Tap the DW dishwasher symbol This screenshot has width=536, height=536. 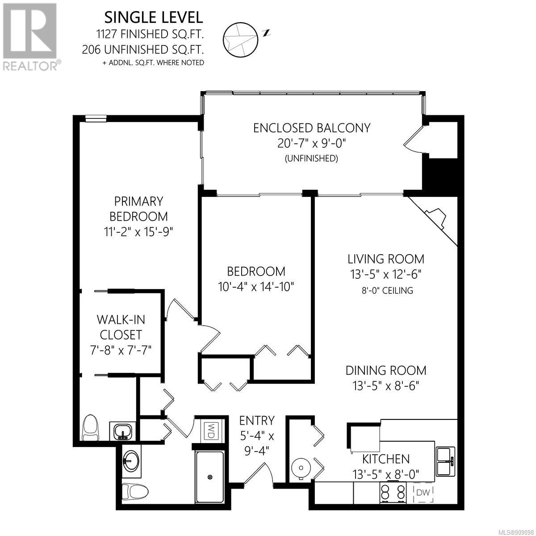coord(423,492)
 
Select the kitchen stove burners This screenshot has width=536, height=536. coord(393,492)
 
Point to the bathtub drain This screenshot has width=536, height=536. coord(210,477)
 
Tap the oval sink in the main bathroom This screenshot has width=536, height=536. coord(131,461)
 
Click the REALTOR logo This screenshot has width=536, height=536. coord(30,37)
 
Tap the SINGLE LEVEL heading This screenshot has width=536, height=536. coord(154,17)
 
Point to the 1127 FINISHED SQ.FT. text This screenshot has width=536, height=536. coord(150,34)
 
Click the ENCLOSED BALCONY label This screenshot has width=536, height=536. coord(312,128)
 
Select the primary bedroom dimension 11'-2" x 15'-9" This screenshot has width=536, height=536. coord(138,231)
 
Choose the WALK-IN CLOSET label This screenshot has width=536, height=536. coord(121,327)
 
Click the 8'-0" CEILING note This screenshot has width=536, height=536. coord(387,291)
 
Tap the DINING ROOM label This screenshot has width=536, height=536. coord(386,370)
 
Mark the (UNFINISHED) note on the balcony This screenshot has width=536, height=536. coord(311,159)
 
